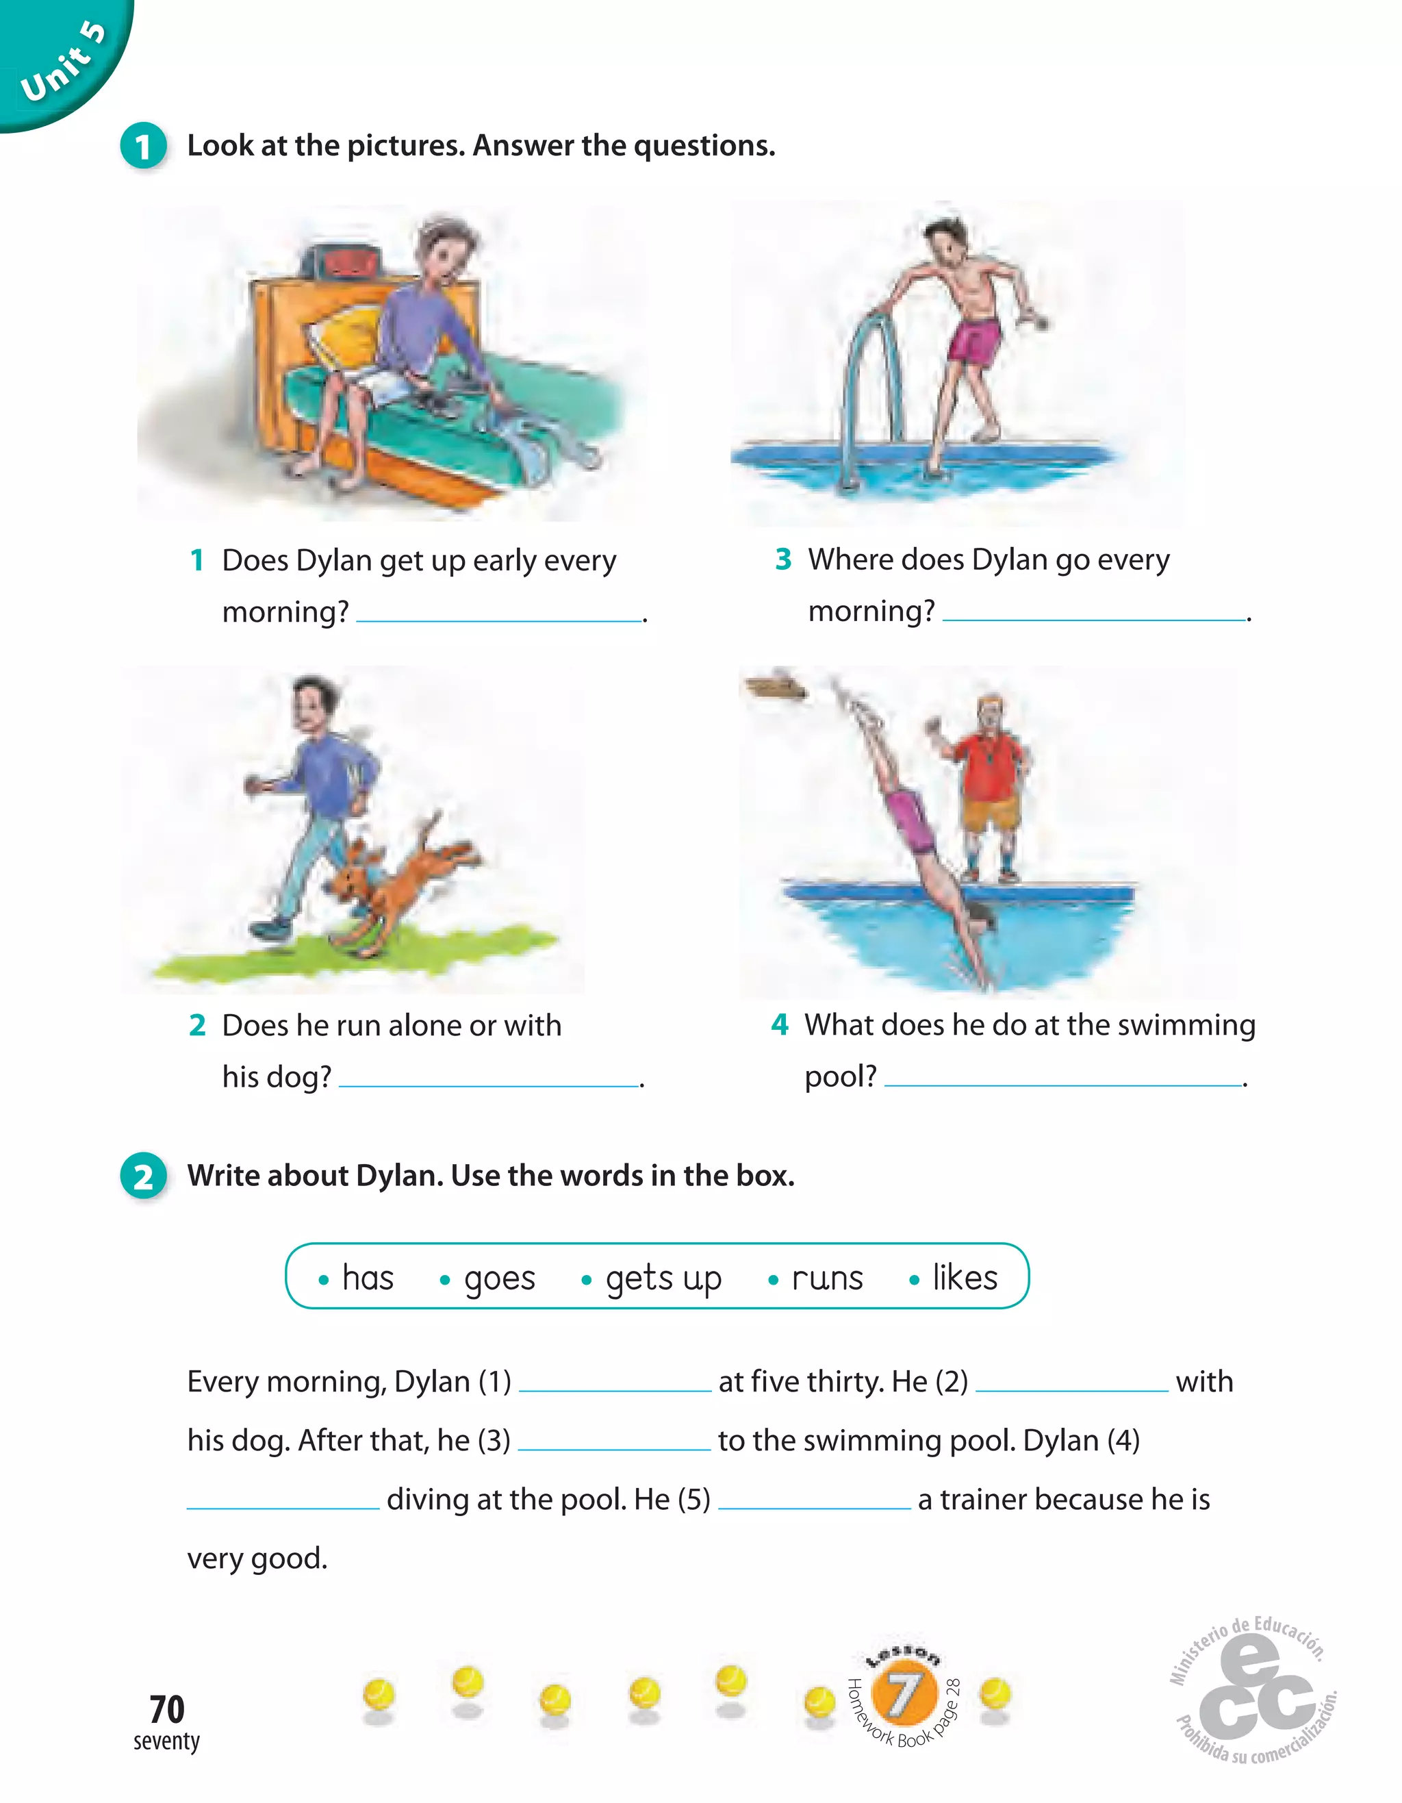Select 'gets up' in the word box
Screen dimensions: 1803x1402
pos(663,1278)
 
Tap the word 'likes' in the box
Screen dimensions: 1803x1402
pos(964,1277)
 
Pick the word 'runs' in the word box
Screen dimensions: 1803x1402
pos(827,1278)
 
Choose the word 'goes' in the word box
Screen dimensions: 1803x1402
pos(499,1278)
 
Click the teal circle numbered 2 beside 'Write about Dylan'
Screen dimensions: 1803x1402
pos(144,1176)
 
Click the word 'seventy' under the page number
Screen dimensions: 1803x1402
pos(166,1741)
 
